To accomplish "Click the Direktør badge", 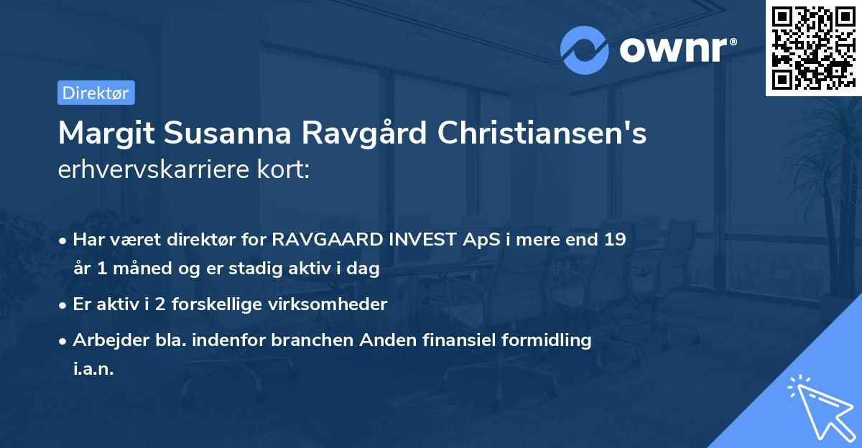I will [x=96, y=93].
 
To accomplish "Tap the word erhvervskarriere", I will [x=152, y=171].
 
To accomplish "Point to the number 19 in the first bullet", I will [x=614, y=240].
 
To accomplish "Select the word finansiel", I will [x=454, y=340].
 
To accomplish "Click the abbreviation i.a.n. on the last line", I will [x=93, y=369].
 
